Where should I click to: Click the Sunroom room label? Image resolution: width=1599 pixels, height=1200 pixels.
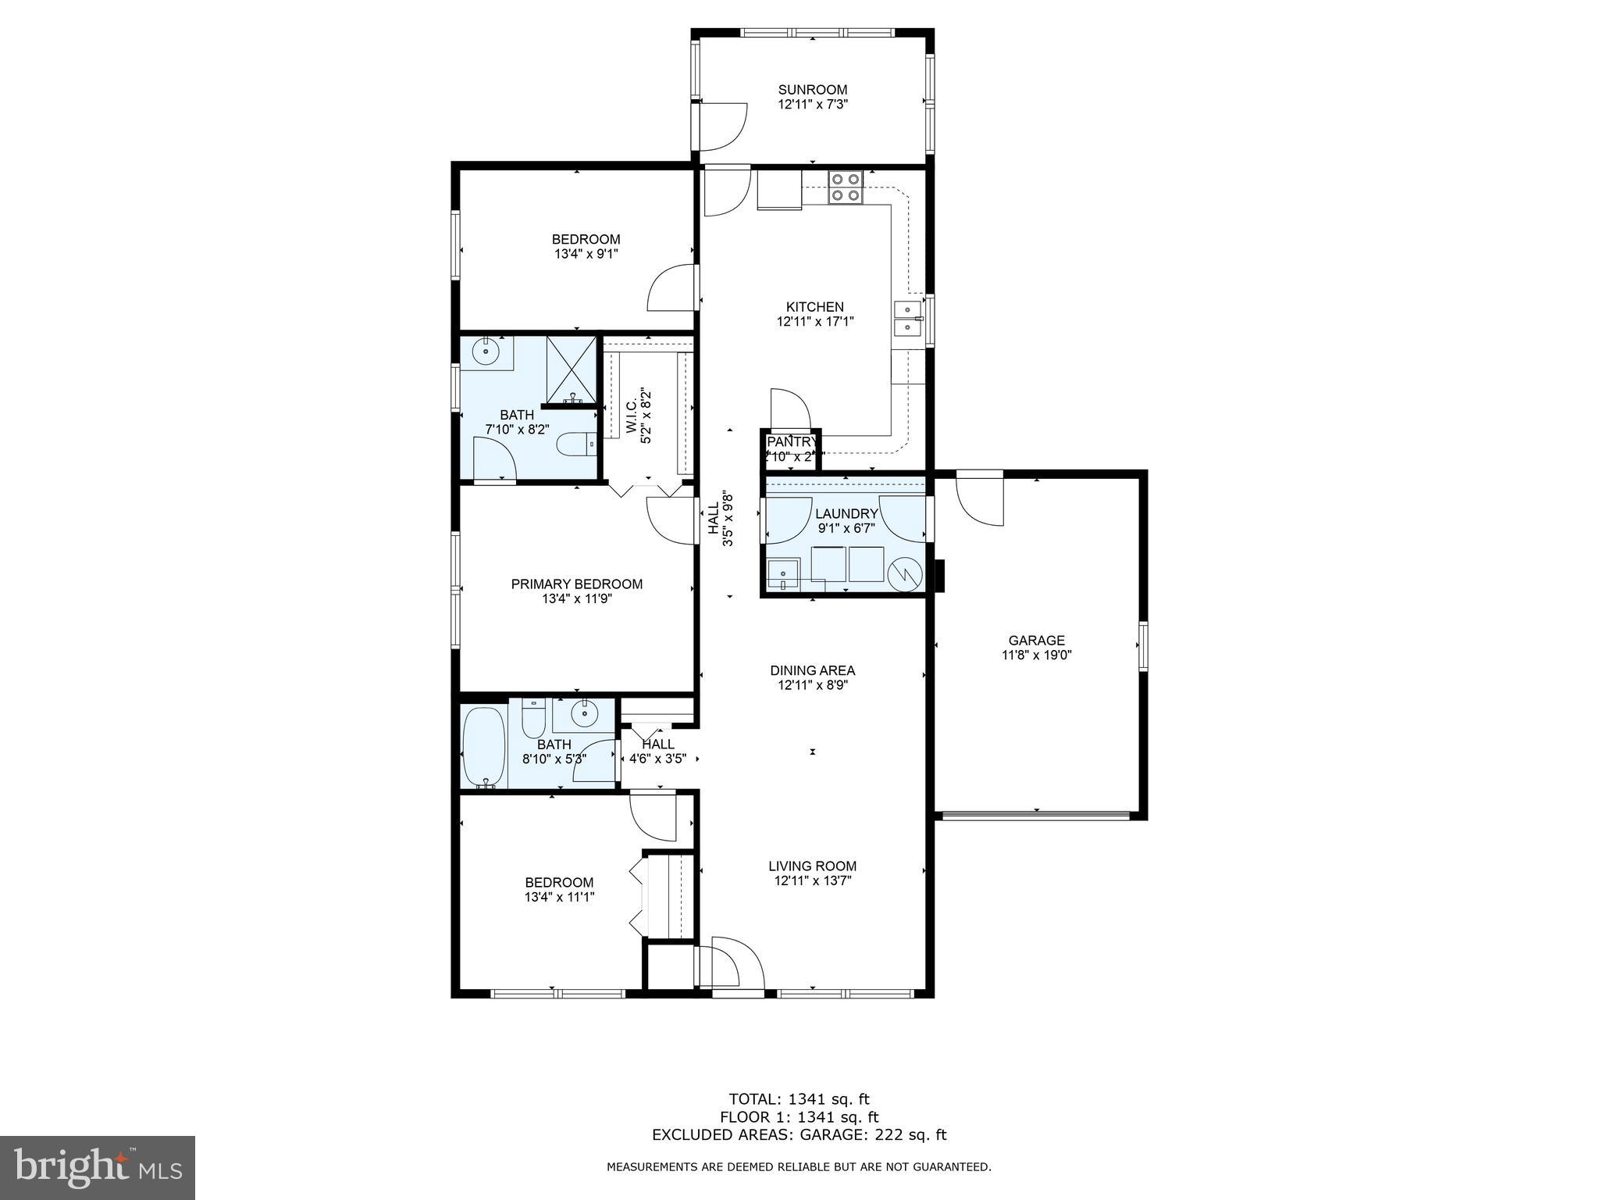pyautogui.click(x=812, y=89)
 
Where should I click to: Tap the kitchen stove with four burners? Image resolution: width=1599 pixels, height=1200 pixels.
pyautogui.click(x=845, y=187)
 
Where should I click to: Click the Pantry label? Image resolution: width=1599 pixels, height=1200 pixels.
pyautogui.click(x=791, y=442)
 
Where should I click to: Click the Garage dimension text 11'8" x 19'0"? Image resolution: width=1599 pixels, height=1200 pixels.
pyautogui.click(x=1036, y=655)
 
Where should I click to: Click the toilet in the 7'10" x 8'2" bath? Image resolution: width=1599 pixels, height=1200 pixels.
pyautogui.click(x=576, y=444)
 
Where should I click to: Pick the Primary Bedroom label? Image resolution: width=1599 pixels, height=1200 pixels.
pyautogui.click(x=576, y=584)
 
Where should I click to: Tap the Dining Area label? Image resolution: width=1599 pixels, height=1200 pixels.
pyautogui.click(x=812, y=670)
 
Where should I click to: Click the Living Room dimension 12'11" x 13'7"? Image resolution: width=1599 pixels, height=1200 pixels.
pyautogui.click(x=812, y=880)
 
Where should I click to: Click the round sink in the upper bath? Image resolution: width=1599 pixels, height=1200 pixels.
pyautogui.click(x=488, y=352)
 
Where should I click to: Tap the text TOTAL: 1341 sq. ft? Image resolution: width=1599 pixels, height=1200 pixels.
pyautogui.click(x=799, y=1099)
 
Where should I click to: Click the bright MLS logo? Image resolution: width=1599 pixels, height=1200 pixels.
pyautogui.click(x=98, y=1167)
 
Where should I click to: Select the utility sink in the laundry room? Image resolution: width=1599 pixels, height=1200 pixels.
pyautogui.click(x=782, y=574)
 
